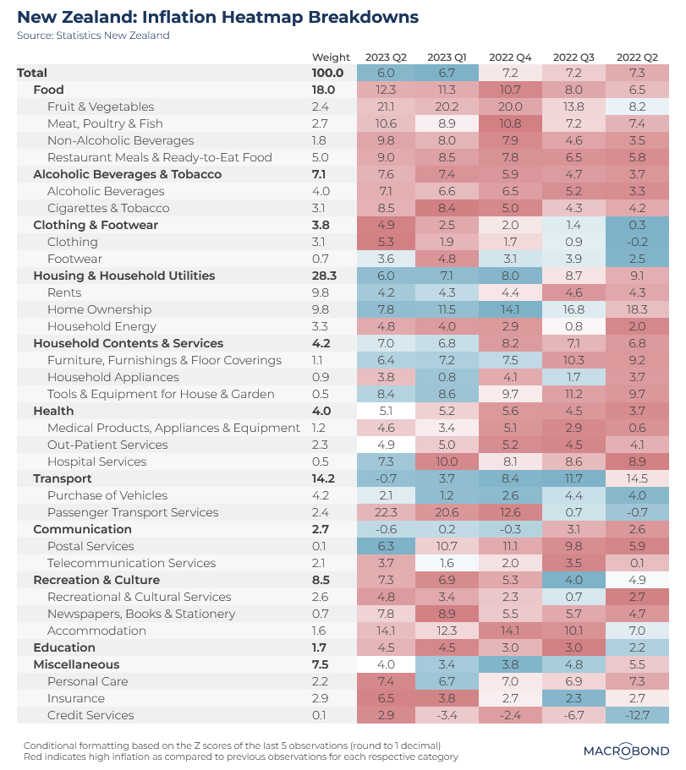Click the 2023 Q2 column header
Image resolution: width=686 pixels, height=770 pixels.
386,57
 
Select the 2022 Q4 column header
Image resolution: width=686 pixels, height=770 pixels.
510,57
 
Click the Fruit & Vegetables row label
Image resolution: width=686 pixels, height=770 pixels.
101,106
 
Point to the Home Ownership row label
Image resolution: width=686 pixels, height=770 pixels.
99,309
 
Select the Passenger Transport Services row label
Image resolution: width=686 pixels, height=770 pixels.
133,512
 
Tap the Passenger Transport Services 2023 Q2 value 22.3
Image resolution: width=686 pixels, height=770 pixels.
386,512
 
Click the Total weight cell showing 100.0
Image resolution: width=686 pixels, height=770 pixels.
328,73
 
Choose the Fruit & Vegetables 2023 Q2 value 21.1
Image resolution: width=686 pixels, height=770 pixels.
386,106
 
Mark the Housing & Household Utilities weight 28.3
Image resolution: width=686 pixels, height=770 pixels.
325,276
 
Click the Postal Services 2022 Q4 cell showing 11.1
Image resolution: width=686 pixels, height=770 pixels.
510,546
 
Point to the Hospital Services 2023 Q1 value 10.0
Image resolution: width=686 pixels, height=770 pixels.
447,461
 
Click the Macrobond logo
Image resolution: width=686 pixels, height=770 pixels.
626,751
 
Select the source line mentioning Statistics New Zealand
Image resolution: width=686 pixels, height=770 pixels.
93,35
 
